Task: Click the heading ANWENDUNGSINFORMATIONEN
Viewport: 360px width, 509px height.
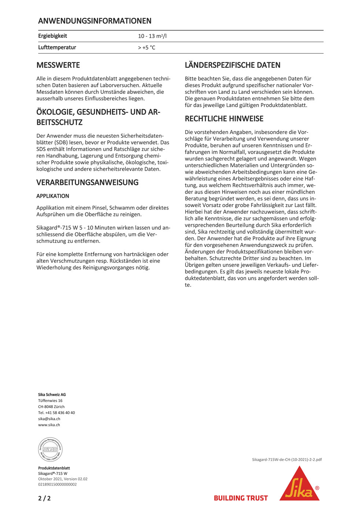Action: point(95,21)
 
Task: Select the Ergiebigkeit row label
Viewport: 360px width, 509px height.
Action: point(52,36)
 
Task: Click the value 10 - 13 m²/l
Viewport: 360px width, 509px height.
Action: point(152,36)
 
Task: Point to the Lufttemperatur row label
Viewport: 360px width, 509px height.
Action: point(57,47)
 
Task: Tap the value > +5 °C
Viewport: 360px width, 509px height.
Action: point(146,48)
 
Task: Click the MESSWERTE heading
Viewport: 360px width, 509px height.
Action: point(58,65)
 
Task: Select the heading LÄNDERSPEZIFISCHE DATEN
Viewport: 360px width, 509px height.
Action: point(232,65)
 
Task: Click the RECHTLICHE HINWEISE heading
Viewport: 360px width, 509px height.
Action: point(224,119)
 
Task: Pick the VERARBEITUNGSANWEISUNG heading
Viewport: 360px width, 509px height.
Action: point(87,182)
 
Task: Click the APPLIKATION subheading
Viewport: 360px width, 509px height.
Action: point(52,196)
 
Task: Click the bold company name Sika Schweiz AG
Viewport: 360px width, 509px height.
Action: point(52,395)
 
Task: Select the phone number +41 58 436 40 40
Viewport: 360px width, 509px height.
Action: point(60,413)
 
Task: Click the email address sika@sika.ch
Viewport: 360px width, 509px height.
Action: point(49,419)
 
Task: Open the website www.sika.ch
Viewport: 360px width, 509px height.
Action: point(49,425)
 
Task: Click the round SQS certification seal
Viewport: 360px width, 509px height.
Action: point(50,449)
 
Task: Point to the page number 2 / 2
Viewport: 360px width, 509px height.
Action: point(44,498)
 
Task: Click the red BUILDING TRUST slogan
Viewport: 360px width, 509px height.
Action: point(240,498)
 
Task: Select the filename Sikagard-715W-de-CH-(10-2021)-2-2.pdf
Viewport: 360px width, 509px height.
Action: point(287,460)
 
